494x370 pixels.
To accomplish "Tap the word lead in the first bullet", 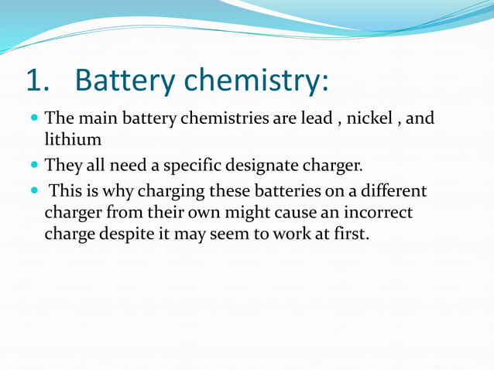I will [x=315, y=119].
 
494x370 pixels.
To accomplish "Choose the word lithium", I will [x=73, y=139].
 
